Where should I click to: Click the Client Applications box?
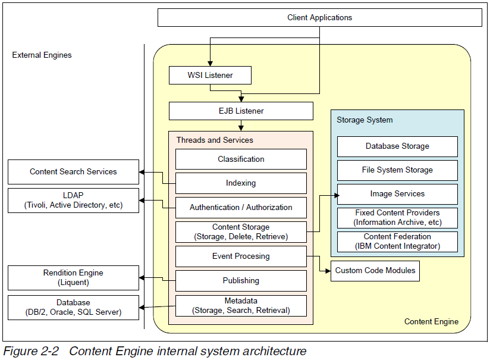319,17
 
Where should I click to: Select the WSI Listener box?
210,76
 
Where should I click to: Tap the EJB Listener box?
241,111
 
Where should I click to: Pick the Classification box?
241,159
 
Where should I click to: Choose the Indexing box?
241,183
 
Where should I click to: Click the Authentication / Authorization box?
241,208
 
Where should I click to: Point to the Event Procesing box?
241,256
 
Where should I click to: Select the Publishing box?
241,281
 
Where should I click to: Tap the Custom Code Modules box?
375,271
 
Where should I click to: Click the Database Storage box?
397,146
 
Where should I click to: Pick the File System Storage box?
397,170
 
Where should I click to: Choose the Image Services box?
397,194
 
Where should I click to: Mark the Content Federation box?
397,242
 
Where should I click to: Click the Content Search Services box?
73,172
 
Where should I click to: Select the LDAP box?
73,201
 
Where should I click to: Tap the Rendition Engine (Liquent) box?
73,278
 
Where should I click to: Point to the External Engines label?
42,55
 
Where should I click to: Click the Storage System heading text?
365,120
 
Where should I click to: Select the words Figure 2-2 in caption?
31,351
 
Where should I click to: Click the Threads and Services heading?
214,140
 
